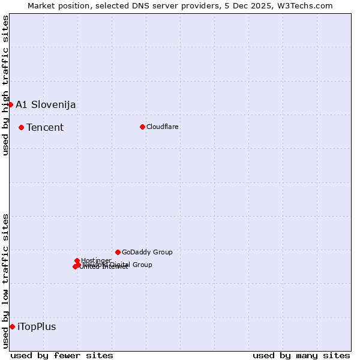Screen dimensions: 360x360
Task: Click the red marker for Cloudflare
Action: point(142,127)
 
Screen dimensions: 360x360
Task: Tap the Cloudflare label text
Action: point(163,127)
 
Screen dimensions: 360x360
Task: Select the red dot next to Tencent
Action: point(21,127)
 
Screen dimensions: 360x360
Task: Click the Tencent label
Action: point(45,127)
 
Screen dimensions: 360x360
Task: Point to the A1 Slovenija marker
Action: point(10,104)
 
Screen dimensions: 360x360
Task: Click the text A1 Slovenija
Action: point(46,104)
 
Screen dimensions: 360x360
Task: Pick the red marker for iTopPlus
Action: point(12,326)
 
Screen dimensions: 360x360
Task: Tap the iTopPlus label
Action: point(37,326)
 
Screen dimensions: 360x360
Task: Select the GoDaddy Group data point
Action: point(118,252)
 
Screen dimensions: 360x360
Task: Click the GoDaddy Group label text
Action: point(147,252)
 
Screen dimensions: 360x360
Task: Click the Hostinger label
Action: point(96,260)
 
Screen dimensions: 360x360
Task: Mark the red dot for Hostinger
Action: point(77,260)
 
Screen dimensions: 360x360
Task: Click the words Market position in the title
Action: point(57,5)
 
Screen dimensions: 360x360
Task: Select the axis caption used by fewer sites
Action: point(62,355)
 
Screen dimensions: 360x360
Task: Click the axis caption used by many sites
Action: point(301,355)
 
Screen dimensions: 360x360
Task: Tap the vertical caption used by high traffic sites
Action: point(5,85)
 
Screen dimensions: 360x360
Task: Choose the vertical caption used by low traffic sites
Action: point(5,281)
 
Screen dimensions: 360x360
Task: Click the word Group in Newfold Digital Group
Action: point(142,265)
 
